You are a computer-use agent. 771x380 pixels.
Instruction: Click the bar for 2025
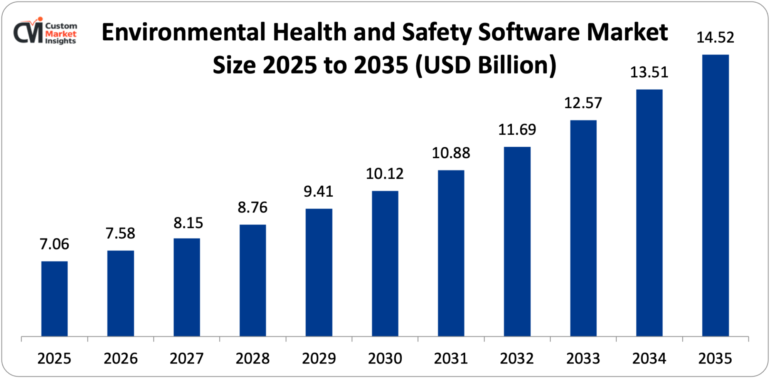coord(54,299)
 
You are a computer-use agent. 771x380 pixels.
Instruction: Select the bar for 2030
coord(385,264)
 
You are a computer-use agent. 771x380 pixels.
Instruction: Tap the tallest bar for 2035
coord(715,196)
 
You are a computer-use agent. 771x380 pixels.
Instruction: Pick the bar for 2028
coord(253,280)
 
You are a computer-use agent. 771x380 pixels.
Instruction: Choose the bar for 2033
coord(583,228)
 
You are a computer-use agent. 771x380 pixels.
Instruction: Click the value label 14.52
coord(715,37)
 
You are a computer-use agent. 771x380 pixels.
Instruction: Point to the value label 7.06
coord(54,244)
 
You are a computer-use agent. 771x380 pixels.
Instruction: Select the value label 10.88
coord(451,153)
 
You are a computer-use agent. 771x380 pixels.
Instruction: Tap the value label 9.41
coord(318,191)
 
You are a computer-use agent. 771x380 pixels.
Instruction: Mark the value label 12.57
coord(583,103)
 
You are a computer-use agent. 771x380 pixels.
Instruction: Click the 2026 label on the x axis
coord(121,358)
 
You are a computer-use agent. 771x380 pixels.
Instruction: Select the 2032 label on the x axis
coord(517,358)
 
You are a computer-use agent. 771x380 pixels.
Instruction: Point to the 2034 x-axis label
coord(649,358)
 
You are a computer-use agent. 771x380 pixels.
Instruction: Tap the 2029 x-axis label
coord(319,358)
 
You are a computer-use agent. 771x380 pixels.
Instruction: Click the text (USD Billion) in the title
coord(486,65)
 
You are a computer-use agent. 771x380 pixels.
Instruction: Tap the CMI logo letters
coord(28,32)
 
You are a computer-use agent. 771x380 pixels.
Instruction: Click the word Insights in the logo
coord(61,41)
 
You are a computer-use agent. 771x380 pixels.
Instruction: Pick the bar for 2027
coord(187,287)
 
